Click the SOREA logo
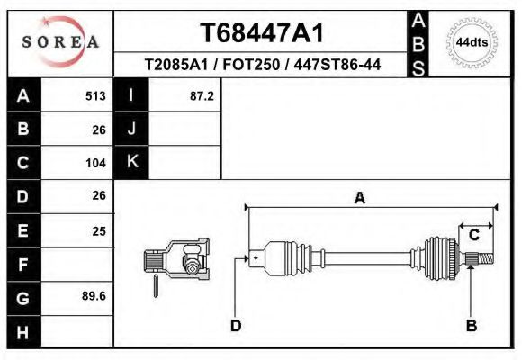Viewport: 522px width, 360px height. [60, 42]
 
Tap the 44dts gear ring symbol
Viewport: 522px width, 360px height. [472, 42]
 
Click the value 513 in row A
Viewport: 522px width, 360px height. [95, 95]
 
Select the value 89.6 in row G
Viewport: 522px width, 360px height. [94, 296]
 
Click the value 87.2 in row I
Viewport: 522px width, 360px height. [202, 95]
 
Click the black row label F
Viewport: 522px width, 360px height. [23, 264]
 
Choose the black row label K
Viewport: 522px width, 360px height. [131, 162]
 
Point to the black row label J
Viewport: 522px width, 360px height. [131, 129]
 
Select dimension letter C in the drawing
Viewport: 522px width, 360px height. [473, 235]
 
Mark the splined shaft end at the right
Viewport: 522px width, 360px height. [483, 259]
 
